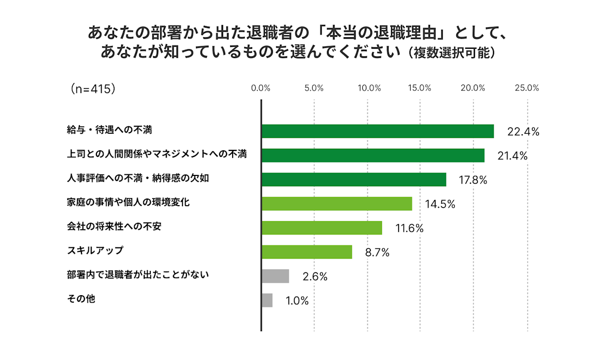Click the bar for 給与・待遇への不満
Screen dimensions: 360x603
[x=377, y=131]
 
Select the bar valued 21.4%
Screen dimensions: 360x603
[x=373, y=155]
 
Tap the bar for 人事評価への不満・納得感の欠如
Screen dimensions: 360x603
[x=354, y=179]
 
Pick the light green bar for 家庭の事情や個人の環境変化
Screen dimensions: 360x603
[x=337, y=204]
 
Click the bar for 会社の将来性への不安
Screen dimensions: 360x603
[x=322, y=228]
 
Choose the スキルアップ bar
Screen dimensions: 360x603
[x=307, y=252]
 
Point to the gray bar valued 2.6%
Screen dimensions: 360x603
[x=275, y=276]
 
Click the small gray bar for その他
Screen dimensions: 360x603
[x=267, y=300]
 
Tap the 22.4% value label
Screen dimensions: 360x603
[x=523, y=132]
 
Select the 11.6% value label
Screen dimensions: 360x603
[x=409, y=229]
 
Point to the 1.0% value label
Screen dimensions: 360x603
[x=297, y=301]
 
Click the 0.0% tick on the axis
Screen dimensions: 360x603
[x=261, y=88]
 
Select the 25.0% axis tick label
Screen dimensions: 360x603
[x=527, y=88]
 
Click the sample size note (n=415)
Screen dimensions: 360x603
[x=94, y=88]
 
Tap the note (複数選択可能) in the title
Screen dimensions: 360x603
[x=452, y=53]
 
